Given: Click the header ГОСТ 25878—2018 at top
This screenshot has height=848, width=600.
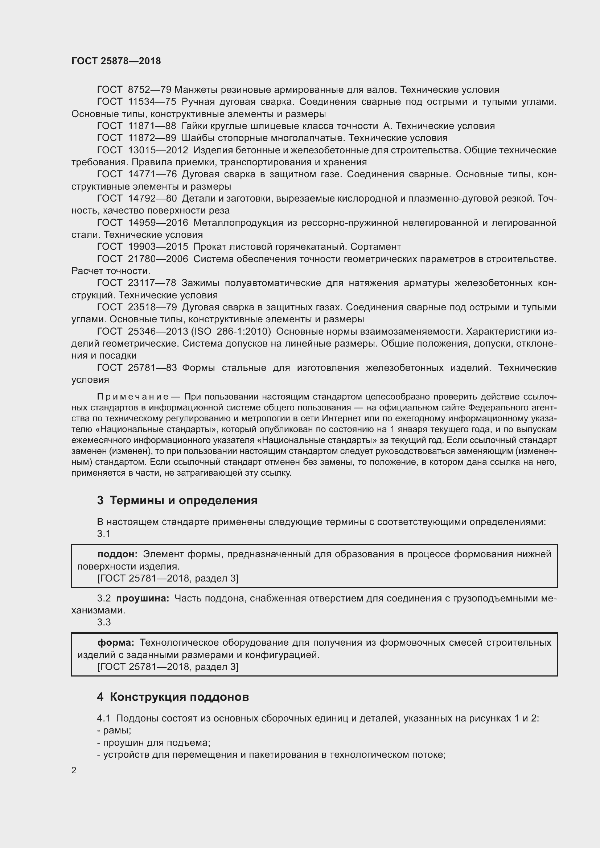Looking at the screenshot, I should coord(116,61).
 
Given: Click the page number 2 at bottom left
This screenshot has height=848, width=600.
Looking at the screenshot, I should coord(74,770).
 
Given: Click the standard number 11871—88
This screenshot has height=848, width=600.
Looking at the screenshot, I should coord(152,126).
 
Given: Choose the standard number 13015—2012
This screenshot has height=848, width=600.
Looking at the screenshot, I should coord(158,150).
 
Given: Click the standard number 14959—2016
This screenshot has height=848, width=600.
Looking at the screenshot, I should coord(158,223).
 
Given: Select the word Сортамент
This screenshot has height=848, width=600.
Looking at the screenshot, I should coord(375,247).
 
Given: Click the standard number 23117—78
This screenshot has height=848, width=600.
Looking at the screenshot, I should coord(152,283).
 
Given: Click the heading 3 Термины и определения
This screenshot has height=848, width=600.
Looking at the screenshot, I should coord(177,500).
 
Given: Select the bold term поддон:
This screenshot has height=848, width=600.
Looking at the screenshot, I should coord(118,554).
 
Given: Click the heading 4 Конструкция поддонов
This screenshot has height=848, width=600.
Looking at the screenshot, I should coord(173,697).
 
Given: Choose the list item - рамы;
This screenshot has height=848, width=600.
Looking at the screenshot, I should coord(114,730).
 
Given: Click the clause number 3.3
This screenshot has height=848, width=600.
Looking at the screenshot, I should coord(104,622).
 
